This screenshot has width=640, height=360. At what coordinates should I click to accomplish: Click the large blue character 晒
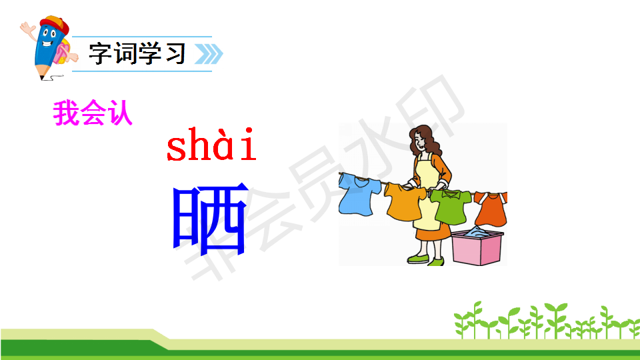pos(211,218)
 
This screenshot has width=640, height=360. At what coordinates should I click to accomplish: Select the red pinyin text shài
pos(211,144)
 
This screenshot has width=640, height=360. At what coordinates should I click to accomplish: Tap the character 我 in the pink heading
pos(66,113)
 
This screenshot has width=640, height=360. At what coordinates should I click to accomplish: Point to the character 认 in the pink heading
pos(120,113)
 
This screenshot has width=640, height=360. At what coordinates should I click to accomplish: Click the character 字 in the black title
pos(101,53)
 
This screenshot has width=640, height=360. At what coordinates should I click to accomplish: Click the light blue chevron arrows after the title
pos(209,54)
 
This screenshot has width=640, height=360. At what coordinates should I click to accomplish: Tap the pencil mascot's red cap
pos(55,25)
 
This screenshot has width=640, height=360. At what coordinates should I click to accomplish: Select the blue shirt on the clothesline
pos(359,194)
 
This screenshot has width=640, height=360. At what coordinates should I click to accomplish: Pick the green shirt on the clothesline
pos(451,206)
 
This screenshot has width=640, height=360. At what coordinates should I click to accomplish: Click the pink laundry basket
pos(477,247)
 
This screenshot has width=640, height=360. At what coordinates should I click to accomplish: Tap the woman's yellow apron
pos(427,192)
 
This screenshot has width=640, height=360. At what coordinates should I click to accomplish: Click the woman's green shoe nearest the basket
pos(435,261)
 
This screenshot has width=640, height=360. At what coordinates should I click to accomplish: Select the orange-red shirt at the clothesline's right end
pos(491,209)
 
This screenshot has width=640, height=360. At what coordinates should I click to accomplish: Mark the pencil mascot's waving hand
pos(28,29)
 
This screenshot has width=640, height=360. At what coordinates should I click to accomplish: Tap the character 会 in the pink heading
pos(93,113)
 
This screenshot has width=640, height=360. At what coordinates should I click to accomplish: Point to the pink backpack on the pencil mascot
pos(63,53)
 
